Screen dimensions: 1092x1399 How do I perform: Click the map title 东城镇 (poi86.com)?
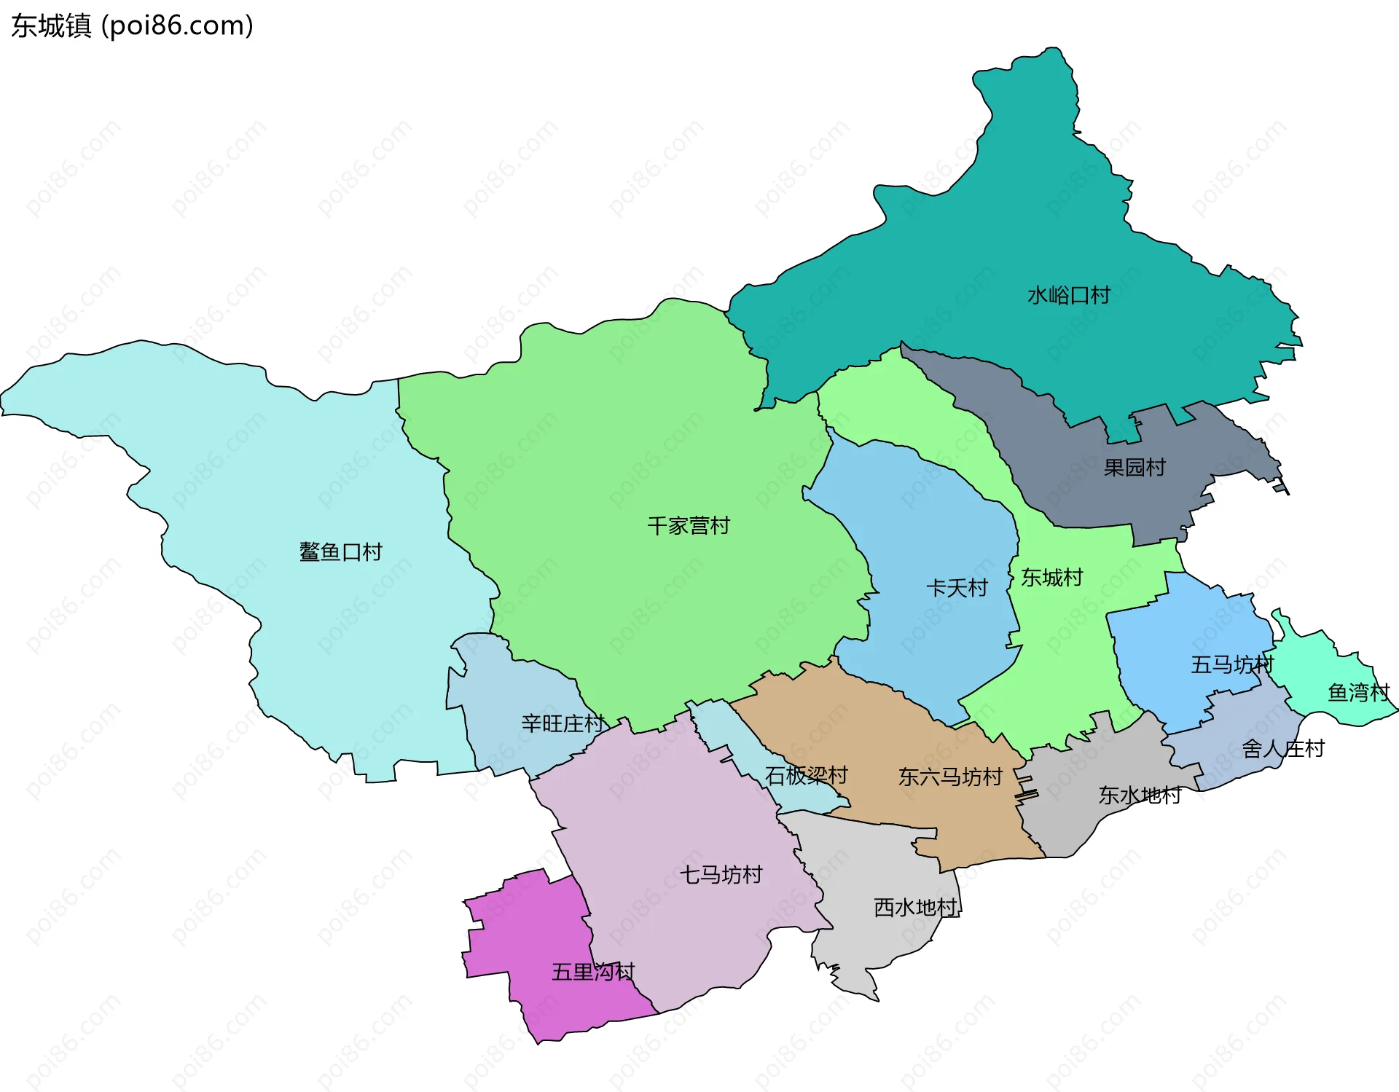pos(132,25)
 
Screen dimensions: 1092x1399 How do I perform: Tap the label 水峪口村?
pos(1068,295)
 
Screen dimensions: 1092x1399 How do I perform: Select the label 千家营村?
pos(689,525)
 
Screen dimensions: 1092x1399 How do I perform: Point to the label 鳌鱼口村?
pos(340,551)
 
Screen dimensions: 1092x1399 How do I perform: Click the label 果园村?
pos(1135,467)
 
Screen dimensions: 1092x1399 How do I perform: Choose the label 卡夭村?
pos(957,588)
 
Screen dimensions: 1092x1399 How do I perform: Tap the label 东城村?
pos(1051,578)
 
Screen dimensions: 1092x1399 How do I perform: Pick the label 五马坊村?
pos(1231,664)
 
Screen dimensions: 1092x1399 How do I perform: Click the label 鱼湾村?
pos(1358,692)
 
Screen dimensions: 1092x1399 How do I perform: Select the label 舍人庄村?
pos(1282,748)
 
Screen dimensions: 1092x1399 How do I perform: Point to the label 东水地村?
pos(1140,795)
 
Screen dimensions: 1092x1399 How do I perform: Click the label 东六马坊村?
pos(950,777)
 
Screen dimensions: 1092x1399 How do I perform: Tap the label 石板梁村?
pos(806,775)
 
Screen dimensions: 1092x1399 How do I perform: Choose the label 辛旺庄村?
pos(563,723)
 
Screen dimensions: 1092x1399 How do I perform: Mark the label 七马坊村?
pos(721,874)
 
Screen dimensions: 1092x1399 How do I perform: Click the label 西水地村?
pos(915,907)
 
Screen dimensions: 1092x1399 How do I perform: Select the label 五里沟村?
pos(593,972)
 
